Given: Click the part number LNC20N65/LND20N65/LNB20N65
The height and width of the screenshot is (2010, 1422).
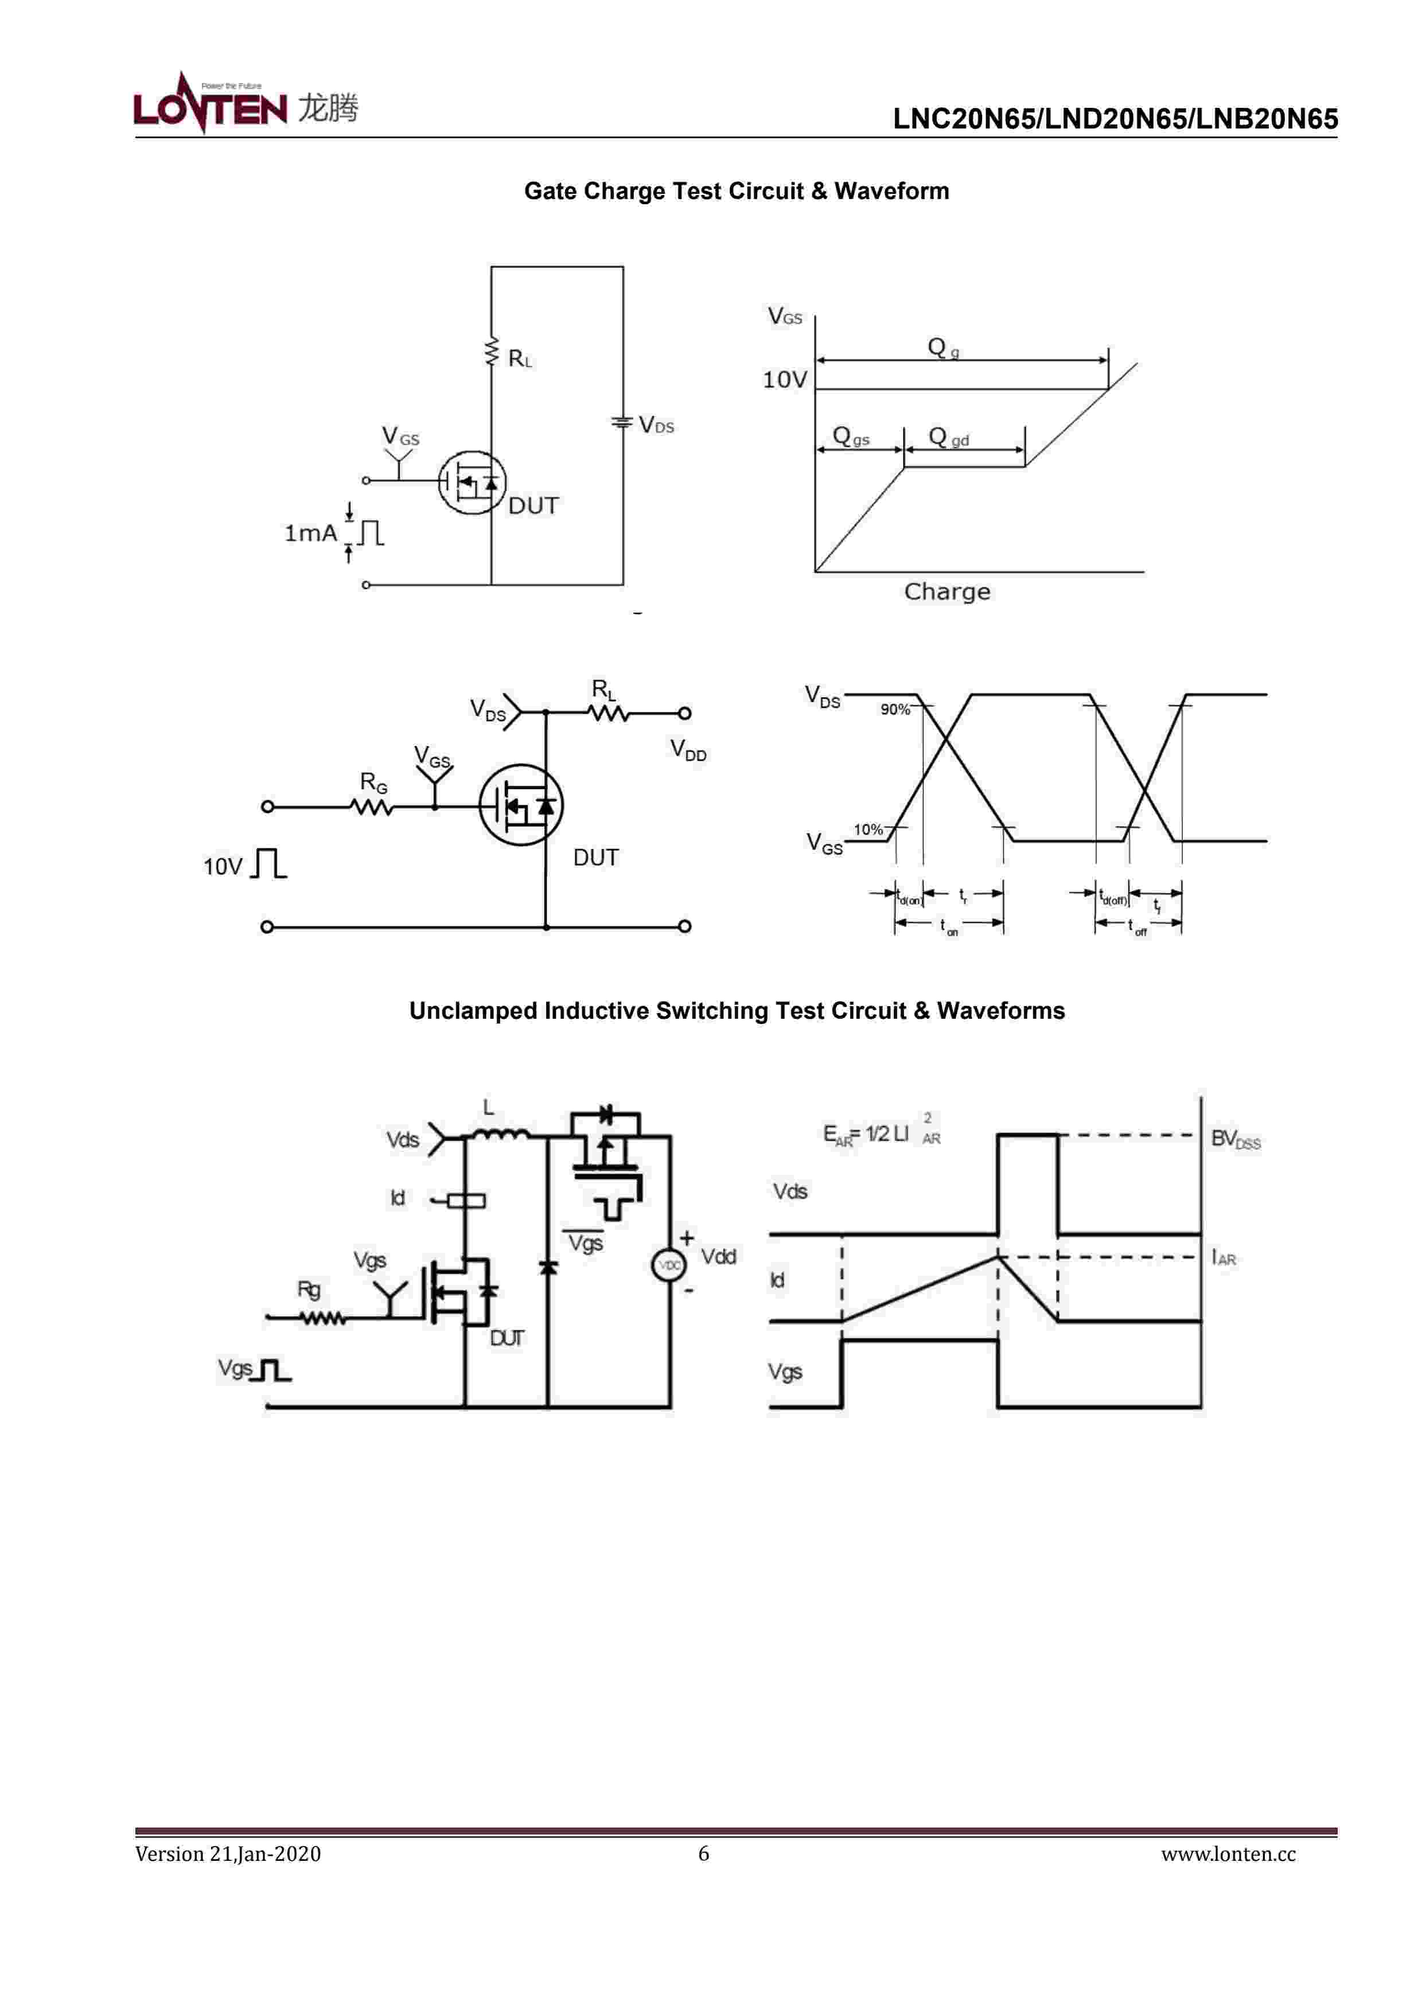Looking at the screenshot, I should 1115,119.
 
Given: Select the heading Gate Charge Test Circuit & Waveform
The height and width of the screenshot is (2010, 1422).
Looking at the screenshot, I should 737,191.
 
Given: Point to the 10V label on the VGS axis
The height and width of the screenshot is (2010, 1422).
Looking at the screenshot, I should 784,380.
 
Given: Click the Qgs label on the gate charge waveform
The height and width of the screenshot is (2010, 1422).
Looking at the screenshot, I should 850,436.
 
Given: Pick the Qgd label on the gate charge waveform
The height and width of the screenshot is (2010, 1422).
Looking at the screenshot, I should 948,437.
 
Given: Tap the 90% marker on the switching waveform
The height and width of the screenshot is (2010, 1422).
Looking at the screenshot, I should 895,709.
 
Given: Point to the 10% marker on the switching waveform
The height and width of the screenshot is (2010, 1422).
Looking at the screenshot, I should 868,829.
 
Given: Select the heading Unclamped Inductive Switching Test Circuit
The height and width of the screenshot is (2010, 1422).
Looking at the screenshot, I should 737,1011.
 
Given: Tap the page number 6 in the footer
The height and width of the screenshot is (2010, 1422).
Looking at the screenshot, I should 703,1853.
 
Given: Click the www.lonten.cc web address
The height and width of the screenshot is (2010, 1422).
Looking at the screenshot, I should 1228,1854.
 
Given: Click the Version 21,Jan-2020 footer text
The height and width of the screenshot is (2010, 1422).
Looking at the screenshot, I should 228,1854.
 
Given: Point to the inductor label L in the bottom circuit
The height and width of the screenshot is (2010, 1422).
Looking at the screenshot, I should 489,1108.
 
